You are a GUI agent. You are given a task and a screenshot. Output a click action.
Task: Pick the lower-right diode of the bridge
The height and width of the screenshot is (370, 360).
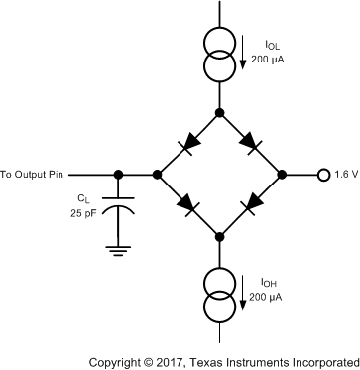click(252, 203)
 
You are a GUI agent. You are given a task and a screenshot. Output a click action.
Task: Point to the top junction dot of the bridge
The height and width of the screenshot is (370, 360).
click(219, 112)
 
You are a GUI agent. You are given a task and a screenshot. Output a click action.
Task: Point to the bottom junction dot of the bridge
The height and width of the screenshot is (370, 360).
click(219, 235)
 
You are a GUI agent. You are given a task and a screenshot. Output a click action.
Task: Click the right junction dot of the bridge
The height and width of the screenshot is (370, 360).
click(282, 174)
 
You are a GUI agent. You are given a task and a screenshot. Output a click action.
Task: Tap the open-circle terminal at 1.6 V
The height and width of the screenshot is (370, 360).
click(322, 174)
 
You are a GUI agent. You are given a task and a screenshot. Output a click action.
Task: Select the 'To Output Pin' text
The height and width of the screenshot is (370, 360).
click(37, 174)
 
